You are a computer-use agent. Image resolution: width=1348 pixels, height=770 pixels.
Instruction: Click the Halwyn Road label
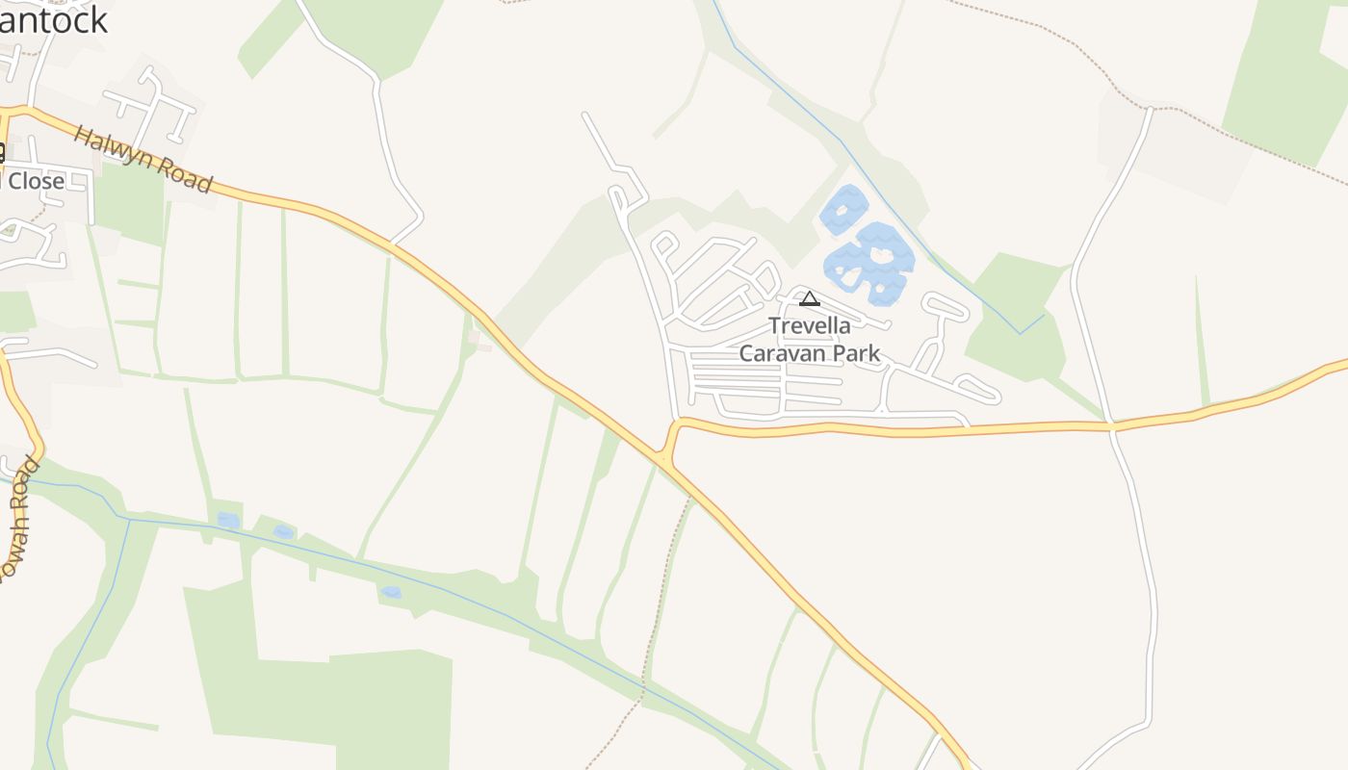point(143,159)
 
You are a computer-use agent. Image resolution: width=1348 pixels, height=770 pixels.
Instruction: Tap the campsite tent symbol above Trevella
point(810,298)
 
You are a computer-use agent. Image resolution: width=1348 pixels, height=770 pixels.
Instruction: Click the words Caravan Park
point(810,353)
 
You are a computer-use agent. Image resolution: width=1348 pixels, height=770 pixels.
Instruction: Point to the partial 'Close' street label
point(35,181)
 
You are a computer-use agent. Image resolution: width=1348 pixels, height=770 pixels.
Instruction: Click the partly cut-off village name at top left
point(53,19)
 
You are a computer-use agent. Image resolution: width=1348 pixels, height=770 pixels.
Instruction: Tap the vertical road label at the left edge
point(19,520)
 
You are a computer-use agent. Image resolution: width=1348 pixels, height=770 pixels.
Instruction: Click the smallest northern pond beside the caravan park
point(844,210)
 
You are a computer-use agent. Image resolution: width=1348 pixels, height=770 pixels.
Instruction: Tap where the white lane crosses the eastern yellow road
point(1111,423)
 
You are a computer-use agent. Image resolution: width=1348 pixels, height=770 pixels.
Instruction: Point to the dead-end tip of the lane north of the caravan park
point(584,115)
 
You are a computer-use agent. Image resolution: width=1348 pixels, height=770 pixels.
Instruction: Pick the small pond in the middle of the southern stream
point(390,592)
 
